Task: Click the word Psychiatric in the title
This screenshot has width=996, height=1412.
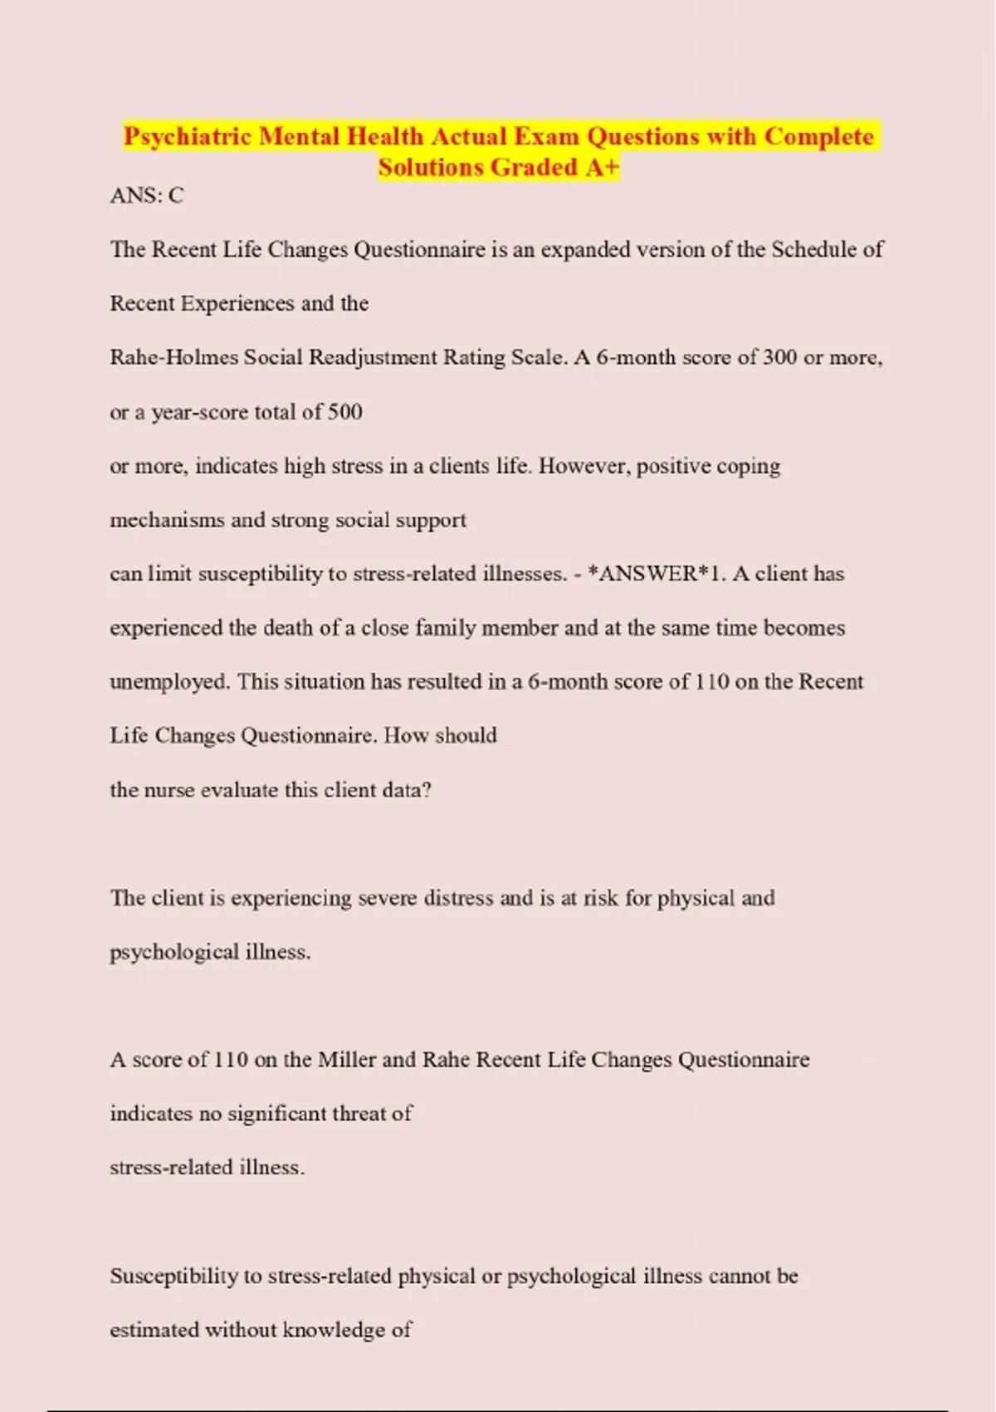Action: [x=188, y=136]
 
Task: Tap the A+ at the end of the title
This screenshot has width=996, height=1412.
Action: [x=602, y=168]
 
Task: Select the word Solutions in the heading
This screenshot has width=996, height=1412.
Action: [x=431, y=168]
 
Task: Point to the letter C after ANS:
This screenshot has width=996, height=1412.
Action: [x=176, y=196]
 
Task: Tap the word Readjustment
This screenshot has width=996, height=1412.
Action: [x=373, y=358]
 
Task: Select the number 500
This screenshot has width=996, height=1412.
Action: [x=345, y=412]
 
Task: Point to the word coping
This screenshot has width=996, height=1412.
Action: [x=749, y=466]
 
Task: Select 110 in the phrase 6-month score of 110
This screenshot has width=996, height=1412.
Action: [x=712, y=682]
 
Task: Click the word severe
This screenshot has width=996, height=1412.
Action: [x=387, y=898]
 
